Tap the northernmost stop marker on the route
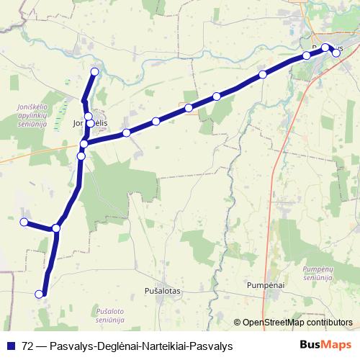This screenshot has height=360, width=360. (94, 71)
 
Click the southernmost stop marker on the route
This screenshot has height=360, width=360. (40, 294)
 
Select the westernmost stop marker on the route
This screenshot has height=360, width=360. (24, 222)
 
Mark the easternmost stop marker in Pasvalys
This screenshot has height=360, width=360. (336, 53)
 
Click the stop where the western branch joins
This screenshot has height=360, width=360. (56, 228)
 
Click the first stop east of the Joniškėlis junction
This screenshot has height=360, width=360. (126, 132)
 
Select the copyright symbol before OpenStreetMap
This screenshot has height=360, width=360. (238, 323)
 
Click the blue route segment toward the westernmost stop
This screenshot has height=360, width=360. (40, 225)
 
